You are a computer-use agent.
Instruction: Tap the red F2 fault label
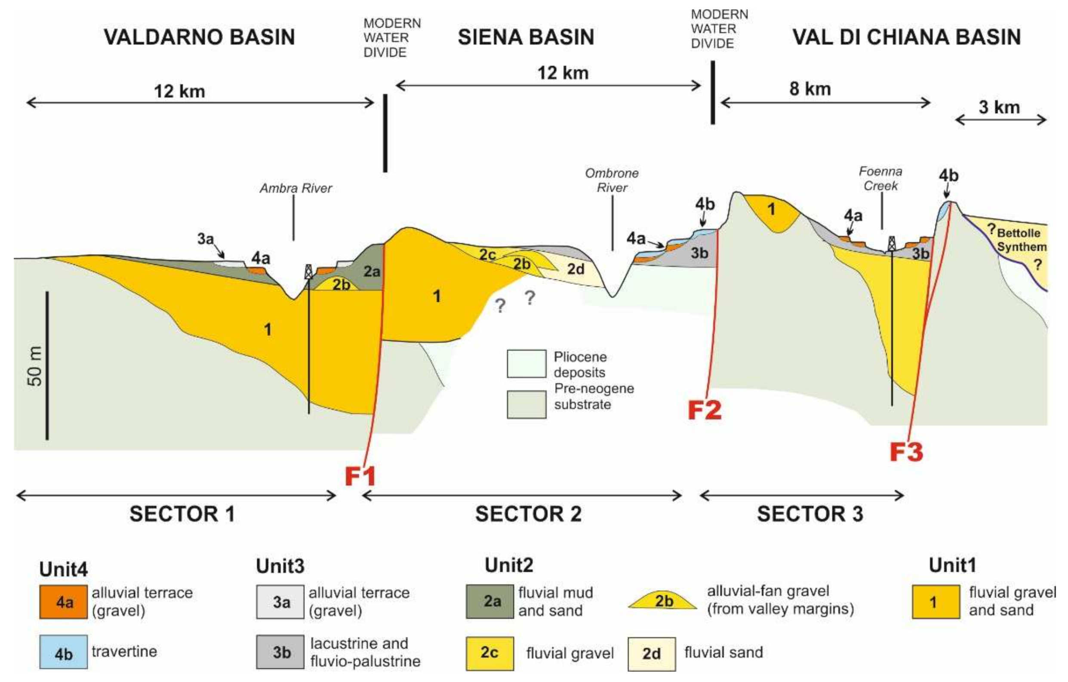(704, 410)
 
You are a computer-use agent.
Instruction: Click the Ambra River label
(295, 188)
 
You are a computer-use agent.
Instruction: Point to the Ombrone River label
(612, 180)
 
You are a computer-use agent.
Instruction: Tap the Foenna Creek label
(880, 179)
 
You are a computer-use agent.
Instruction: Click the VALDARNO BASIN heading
(199, 37)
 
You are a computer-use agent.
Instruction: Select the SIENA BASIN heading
(526, 37)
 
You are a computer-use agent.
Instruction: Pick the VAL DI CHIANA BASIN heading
(907, 37)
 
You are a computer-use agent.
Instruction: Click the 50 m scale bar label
(35, 366)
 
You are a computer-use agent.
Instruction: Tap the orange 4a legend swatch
(63, 602)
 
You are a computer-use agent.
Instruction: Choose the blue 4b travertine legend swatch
(63, 652)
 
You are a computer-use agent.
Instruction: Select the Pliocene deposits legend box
(526, 364)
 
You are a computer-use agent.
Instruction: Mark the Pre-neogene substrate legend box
(526, 404)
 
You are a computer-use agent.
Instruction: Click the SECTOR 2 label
(528, 514)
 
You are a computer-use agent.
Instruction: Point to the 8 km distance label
(809, 89)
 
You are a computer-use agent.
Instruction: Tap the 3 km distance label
(999, 107)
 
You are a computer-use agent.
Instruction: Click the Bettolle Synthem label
(1021, 240)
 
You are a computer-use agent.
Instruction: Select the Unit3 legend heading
(280, 566)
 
